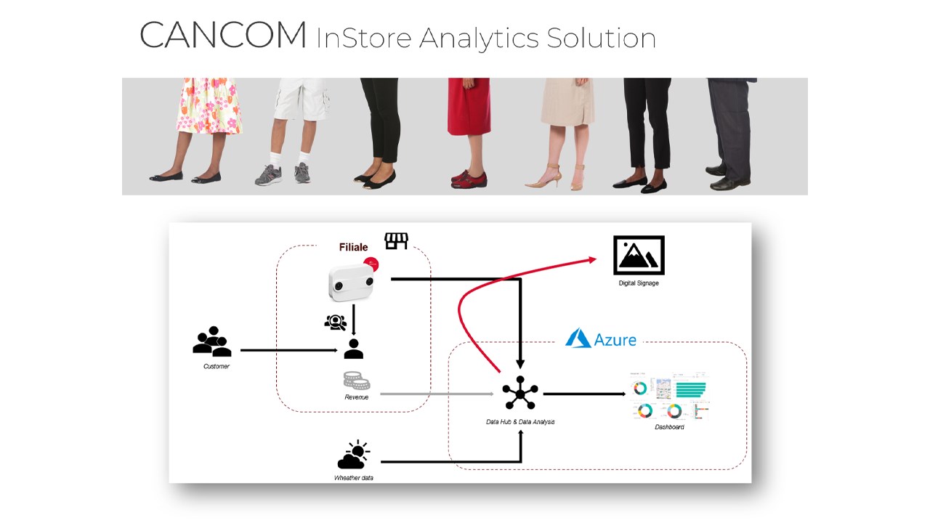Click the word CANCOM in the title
223,36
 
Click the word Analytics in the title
479,38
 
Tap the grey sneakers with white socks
283,174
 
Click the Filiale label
353,247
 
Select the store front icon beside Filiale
396,240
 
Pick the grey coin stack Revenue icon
356,380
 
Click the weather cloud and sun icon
353,455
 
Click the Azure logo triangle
578,338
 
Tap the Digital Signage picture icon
639,255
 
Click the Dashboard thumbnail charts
668,399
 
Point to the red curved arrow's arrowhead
592,259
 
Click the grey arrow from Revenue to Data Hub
436,394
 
